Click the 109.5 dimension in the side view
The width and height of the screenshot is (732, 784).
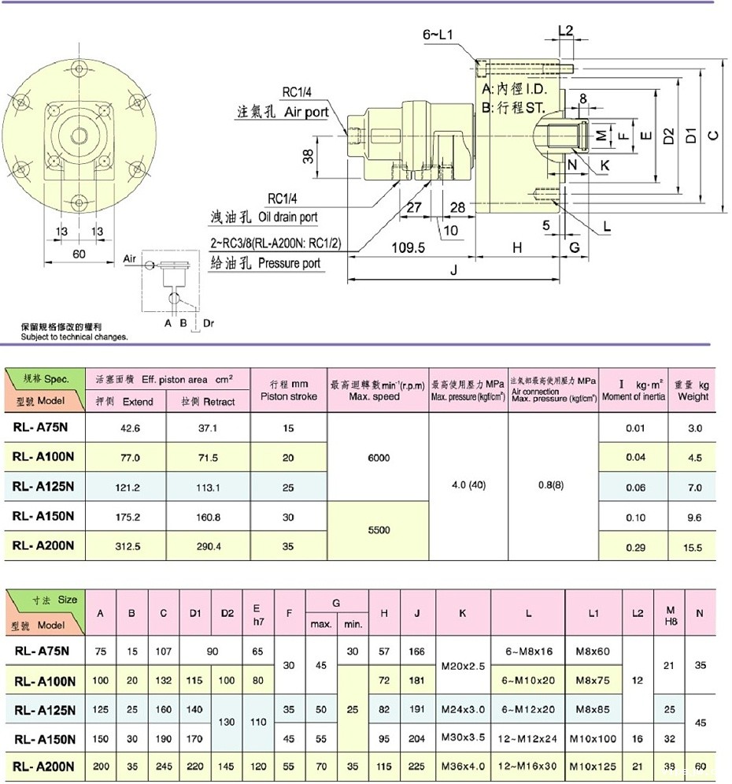point(407,248)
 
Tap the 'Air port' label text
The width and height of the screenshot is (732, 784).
point(306,112)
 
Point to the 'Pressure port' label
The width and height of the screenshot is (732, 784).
point(289,263)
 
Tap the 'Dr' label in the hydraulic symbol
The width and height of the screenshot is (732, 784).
point(209,322)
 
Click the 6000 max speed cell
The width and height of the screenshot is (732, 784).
point(379,458)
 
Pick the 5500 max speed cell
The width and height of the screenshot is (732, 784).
point(379,530)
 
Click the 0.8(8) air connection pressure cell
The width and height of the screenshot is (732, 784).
point(553,486)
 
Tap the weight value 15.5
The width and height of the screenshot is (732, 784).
point(693,547)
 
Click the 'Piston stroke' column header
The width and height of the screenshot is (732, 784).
point(288,390)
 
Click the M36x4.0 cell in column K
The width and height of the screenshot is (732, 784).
point(463,765)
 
